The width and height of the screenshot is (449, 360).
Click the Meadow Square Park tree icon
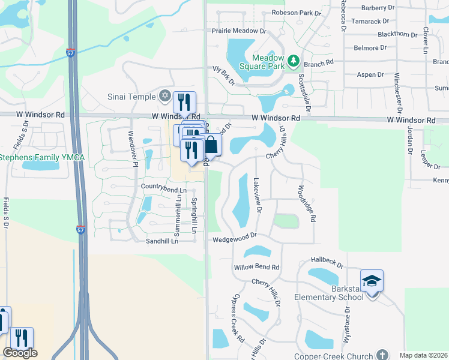coord(293,60)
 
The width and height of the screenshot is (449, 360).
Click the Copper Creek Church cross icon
coord(382,355)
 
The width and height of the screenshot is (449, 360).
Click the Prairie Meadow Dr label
coord(238,31)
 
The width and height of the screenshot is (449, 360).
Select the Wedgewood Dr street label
coord(235,239)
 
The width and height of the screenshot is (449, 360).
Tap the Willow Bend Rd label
coord(257,267)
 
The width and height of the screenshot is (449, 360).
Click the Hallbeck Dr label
coord(327,263)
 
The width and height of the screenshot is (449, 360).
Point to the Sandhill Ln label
coord(162,241)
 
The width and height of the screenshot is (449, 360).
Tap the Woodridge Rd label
coord(306,203)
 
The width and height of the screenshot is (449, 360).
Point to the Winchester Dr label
coord(397,92)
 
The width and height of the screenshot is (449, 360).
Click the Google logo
coord(20,353)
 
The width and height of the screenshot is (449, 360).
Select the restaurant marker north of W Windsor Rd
coord(185,102)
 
